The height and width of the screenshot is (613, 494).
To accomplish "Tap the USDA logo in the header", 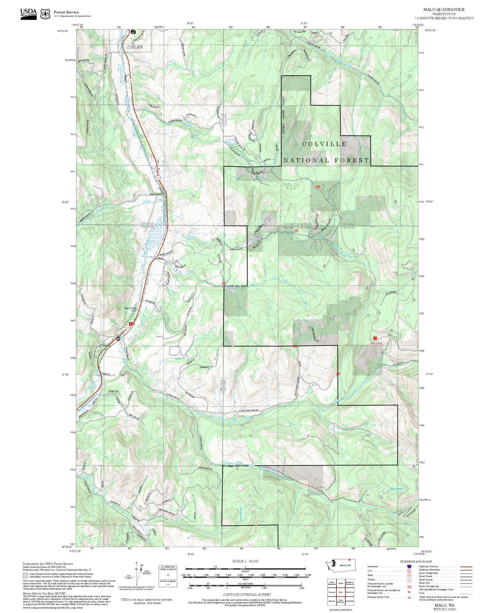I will click(28, 14).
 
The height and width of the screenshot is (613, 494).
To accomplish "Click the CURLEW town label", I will click(135, 47).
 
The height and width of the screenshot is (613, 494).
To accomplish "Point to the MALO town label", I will click(104, 344).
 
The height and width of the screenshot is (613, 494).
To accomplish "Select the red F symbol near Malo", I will click(131, 324).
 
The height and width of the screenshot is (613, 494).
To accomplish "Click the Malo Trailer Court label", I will click(130, 310).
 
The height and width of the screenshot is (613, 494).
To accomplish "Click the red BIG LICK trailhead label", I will click(376, 343).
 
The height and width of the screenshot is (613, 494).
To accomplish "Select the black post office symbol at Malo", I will click(118, 339).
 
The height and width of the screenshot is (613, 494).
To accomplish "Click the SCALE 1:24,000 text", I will click(245, 561).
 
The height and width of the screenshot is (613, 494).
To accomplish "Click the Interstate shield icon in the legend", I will click(409, 567).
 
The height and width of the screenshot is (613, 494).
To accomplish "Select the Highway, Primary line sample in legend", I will click(466, 567).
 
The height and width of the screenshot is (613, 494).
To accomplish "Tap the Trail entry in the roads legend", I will click(422, 593).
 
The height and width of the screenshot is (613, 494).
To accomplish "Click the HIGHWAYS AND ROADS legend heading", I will click(416, 561).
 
